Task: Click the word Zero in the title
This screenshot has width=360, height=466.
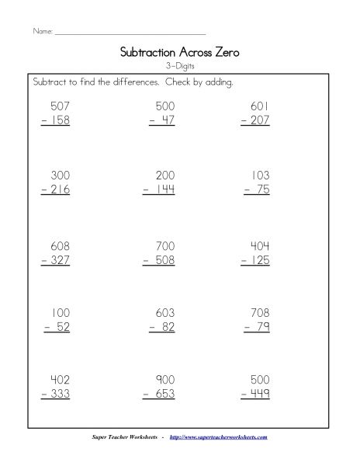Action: (225, 53)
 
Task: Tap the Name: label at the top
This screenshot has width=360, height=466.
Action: (42, 33)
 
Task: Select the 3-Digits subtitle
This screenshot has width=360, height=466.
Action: (180, 67)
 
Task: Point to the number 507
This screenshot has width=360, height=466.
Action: (58, 106)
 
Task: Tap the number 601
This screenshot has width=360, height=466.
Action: (258, 106)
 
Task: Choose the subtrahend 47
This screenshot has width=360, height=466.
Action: (163, 120)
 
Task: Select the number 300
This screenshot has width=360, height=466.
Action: (58, 176)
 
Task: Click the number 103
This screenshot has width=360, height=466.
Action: (259, 176)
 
